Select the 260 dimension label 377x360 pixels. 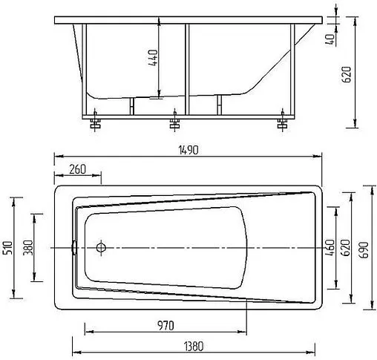(x=77, y=168)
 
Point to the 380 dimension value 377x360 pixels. (x=27, y=246)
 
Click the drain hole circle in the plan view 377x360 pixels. (x=102, y=246)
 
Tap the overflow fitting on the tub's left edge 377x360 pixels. (x=74, y=246)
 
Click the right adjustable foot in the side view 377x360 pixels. (x=282, y=122)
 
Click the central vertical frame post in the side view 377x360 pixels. (x=185, y=67)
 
